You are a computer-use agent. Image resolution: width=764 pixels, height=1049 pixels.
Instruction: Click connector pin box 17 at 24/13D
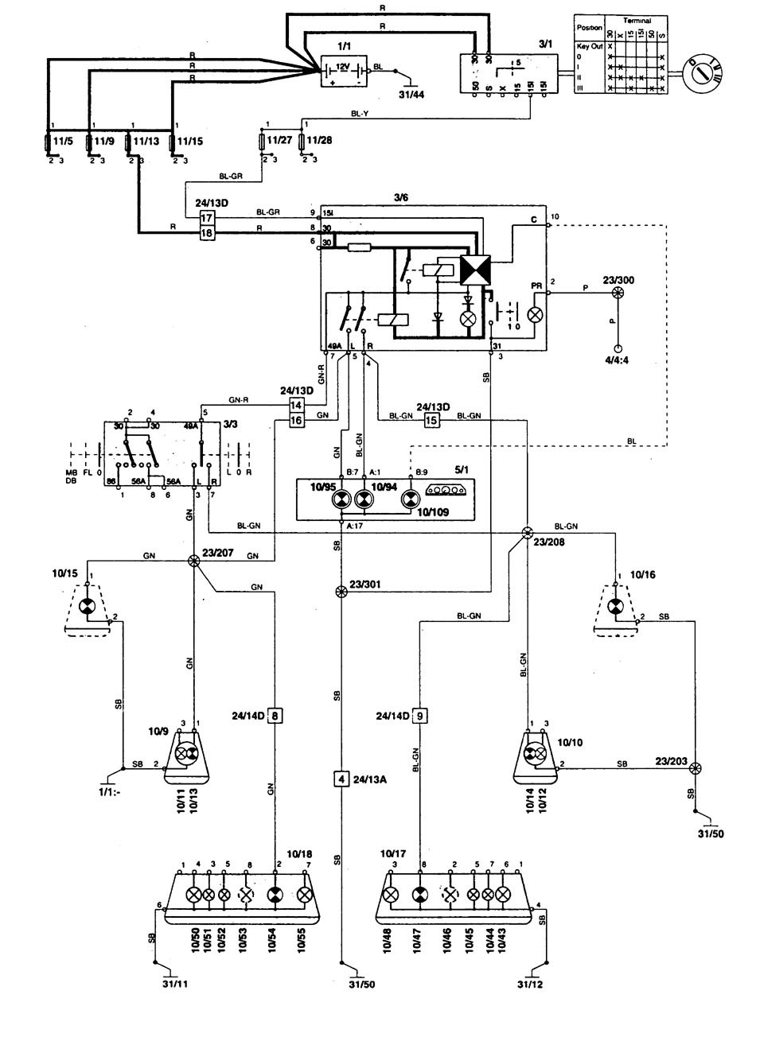pos(207,217)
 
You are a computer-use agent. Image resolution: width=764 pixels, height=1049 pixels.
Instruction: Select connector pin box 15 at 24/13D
pos(431,420)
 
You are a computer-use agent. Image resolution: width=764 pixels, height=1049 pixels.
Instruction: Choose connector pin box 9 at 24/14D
pos(420,716)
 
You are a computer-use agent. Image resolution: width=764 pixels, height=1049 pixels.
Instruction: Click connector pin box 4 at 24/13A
pos(341,779)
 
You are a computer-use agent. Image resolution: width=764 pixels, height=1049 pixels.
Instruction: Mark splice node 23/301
pos(341,592)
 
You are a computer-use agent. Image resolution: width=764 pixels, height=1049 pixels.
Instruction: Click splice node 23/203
pos(696,768)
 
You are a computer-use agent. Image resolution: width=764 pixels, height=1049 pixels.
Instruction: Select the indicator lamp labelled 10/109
pos(411,498)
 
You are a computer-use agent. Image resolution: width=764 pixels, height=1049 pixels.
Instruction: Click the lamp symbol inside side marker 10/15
pos(89,607)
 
